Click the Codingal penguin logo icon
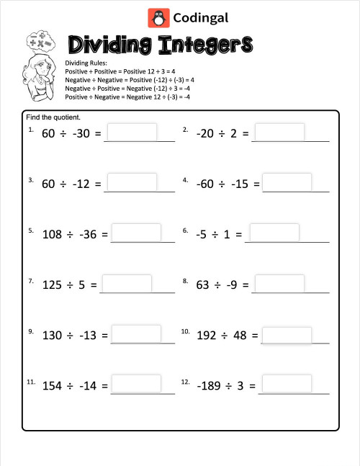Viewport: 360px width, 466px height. [157, 17]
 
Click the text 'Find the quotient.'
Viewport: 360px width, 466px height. [53, 117]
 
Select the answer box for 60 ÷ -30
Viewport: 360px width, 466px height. [132, 133]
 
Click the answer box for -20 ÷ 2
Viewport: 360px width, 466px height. [279, 133]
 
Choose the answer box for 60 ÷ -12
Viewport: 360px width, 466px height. [132, 183]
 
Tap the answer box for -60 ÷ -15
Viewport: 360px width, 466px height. [287, 183]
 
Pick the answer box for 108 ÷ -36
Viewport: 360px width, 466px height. [135, 233]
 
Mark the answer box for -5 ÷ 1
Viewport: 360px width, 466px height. [274, 233]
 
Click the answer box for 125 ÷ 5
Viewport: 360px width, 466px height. [127, 284]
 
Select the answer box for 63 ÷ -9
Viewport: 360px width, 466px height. [279, 284]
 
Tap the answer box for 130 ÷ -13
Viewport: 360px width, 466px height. [135, 334]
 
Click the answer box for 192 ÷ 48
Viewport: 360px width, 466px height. [287, 335]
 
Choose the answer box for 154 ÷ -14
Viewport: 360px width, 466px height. [135, 385]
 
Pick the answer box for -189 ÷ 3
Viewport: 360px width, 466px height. [287, 385]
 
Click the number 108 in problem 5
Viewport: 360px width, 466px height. [53, 234]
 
